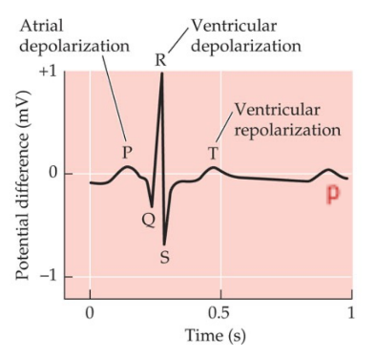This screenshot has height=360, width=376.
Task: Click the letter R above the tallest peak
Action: coord(160,60)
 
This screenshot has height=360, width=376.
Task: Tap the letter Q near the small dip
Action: coord(148,219)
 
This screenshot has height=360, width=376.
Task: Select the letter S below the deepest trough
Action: coord(164,256)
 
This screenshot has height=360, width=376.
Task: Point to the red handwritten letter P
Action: coord(333,194)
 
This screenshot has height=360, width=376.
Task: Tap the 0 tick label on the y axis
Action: coord(53,174)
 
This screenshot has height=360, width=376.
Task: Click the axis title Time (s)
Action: coord(219,338)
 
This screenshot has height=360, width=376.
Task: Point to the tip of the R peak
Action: coord(162,74)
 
